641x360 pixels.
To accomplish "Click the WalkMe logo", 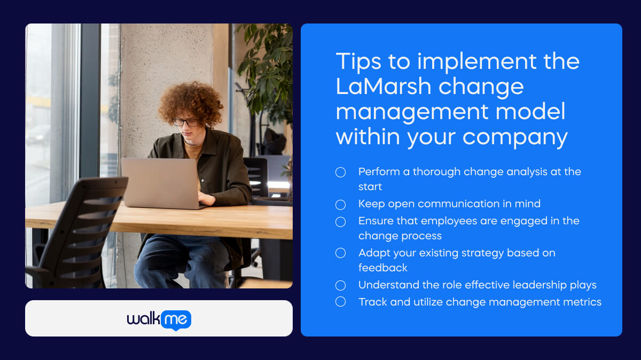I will pyautogui.click(x=159, y=319).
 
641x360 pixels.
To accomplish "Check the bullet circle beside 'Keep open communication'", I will pyautogui.click(x=340, y=204).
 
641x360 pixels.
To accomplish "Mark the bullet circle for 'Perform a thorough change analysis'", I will pyautogui.click(x=340, y=172).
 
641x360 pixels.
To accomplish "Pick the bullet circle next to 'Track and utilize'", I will pyautogui.click(x=340, y=302).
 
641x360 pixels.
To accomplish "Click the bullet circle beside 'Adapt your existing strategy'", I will pyautogui.click(x=340, y=253).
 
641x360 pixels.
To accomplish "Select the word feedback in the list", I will pyautogui.click(x=382, y=268).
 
